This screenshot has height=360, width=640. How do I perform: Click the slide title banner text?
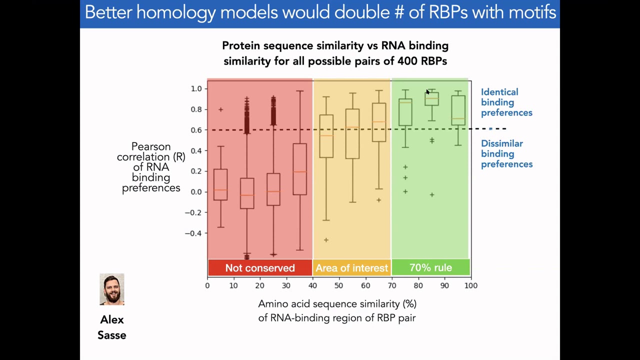[x=320, y=12]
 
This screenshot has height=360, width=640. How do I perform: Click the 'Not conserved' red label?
[x=260, y=268]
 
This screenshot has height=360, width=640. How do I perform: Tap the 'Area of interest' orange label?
[x=351, y=268]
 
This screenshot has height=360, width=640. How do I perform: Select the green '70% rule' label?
[x=430, y=267]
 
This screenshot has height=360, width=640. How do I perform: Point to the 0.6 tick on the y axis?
[x=196, y=130]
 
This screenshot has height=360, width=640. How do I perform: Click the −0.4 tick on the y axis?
[x=193, y=233]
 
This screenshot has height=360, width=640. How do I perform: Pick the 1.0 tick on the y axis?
[x=196, y=88]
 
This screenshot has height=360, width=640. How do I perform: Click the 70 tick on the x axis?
[x=391, y=285]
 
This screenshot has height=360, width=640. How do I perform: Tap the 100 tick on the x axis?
[x=470, y=285]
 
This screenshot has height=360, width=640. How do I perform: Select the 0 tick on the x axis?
[x=207, y=285]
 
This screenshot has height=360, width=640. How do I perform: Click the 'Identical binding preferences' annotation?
[x=506, y=102]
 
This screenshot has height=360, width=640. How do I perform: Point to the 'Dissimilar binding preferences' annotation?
[x=506, y=154]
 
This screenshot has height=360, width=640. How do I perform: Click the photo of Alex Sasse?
[x=112, y=289]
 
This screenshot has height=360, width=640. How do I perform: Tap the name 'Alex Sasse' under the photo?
[x=112, y=327]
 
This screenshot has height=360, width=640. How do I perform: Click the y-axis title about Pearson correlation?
[x=151, y=167]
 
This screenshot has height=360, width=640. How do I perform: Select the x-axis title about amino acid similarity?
[x=337, y=310]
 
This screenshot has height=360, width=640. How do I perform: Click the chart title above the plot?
[x=335, y=53]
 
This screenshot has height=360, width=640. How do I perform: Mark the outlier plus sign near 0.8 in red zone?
[x=220, y=109]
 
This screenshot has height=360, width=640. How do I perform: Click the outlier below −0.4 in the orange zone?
[x=326, y=240]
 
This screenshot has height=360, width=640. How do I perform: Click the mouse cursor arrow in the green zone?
[x=427, y=92]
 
